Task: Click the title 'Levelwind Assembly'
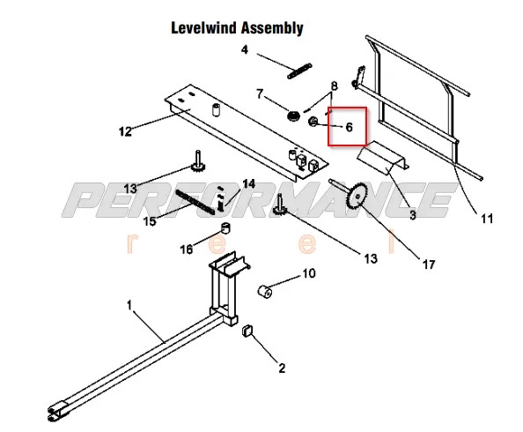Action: click(237, 28)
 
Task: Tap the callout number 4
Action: click(245, 49)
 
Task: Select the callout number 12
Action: click(125, 131)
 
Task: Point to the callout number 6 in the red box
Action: click(349, 127)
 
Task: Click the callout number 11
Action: click(487, 219)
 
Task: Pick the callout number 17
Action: click(429, 264)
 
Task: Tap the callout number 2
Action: click(282, 369)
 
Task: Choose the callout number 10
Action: click(309, 273)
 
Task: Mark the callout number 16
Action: click(187, 250)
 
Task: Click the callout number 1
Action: click(129, 305)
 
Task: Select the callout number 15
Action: click(150, 221)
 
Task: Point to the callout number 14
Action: click(249, 183)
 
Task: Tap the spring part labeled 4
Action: click(299, 71)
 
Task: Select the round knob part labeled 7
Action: click(293, 116)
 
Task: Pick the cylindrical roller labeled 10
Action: click(266, 291)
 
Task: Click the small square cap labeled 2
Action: click(247, 331)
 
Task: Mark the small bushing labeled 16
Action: click(225, 227)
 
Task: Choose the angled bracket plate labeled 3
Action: click(383, 158)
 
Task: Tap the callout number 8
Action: click(334, 86)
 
